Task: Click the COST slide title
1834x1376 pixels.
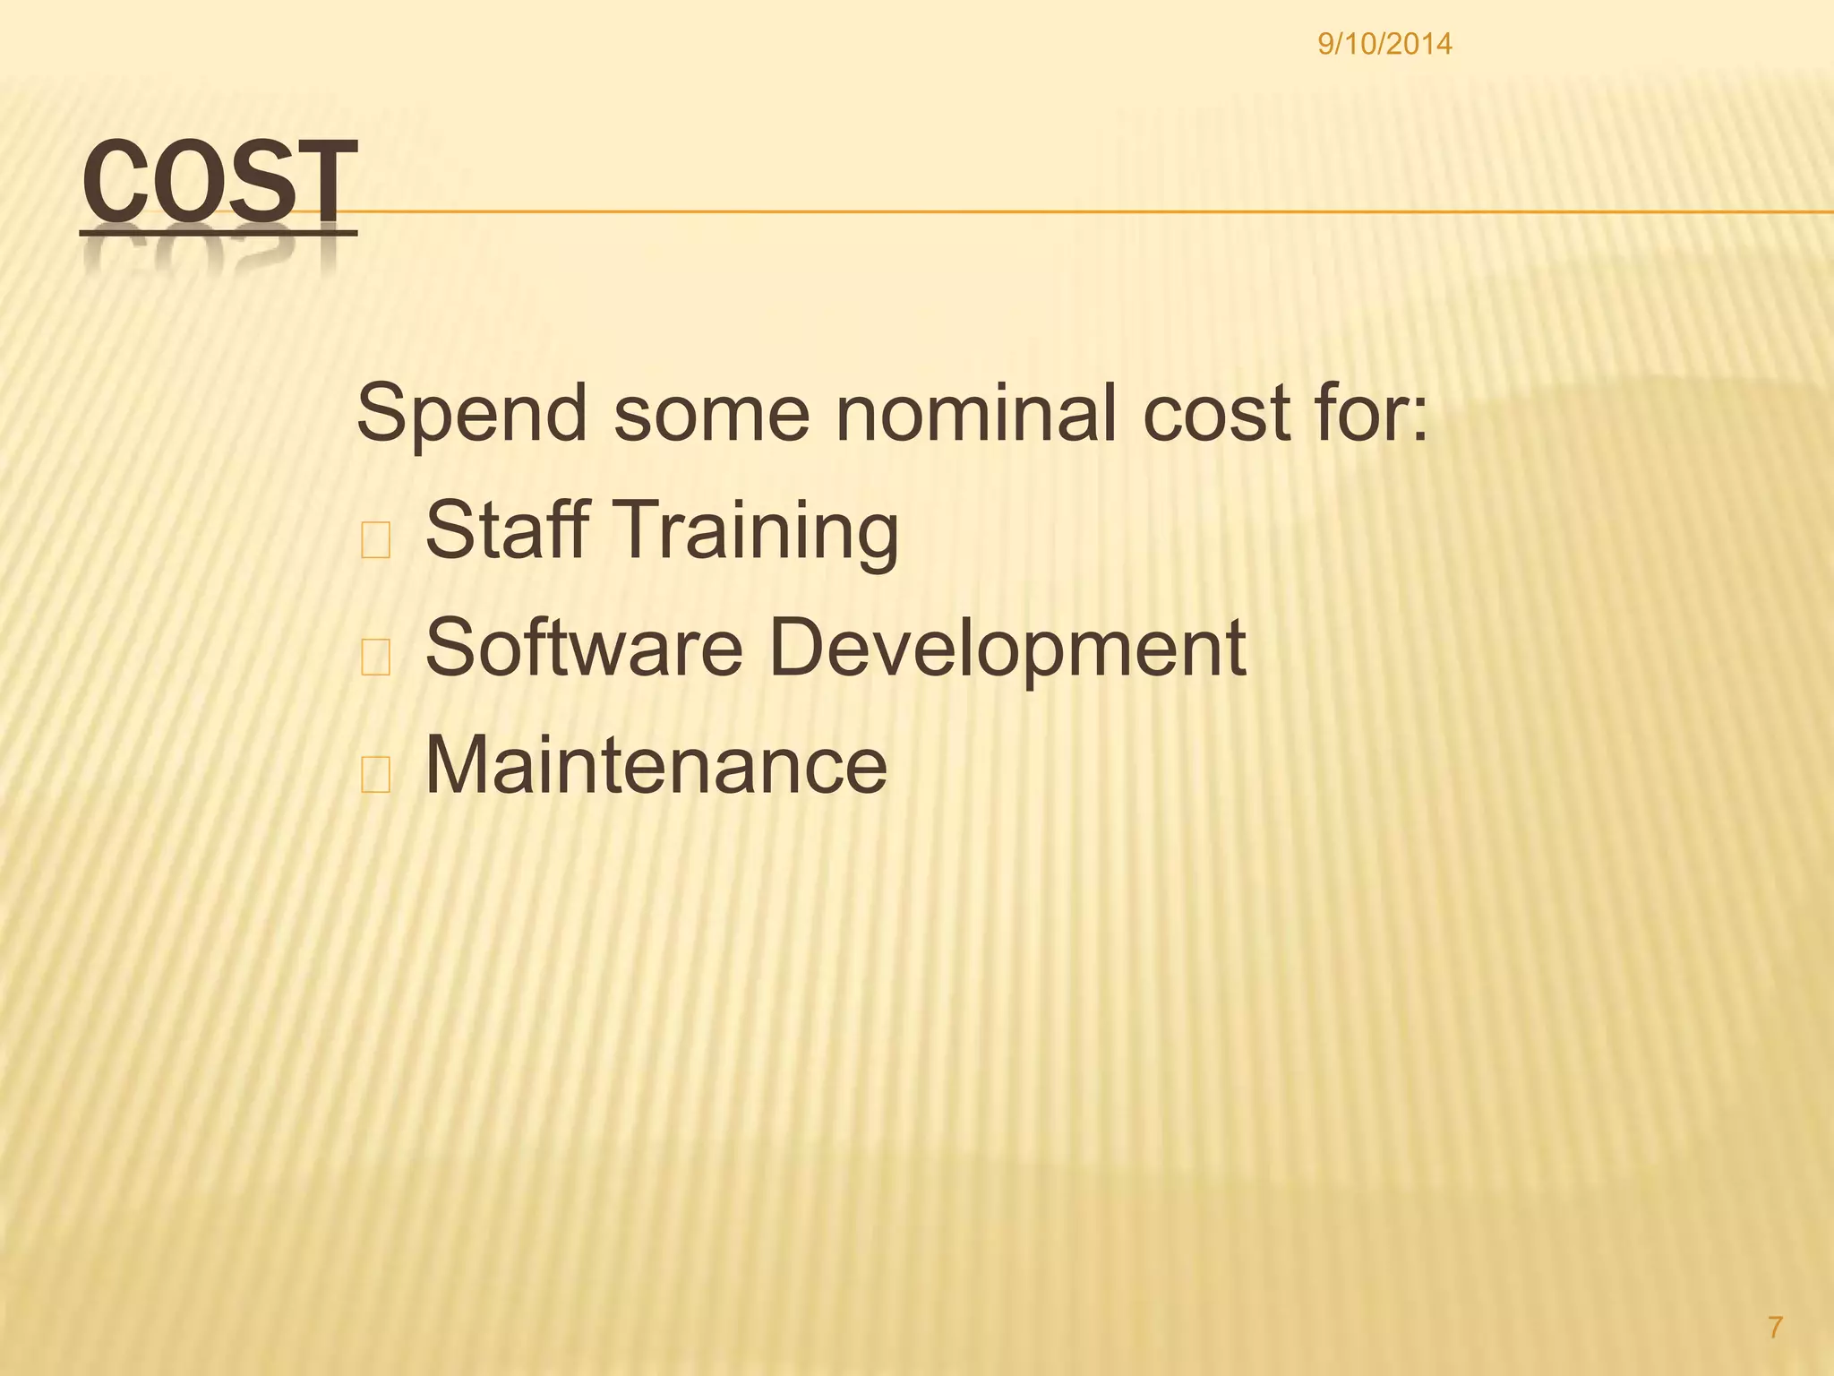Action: [x=219, y=183]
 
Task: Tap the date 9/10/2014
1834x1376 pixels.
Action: [x=1384, y=43]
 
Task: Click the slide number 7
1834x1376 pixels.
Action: [x=1775, y=1328]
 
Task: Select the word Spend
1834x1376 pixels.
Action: [x=472, y=415]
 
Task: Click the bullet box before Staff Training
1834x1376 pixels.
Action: [x=375, y=540]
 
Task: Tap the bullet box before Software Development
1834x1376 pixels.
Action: [x=375, y=658]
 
